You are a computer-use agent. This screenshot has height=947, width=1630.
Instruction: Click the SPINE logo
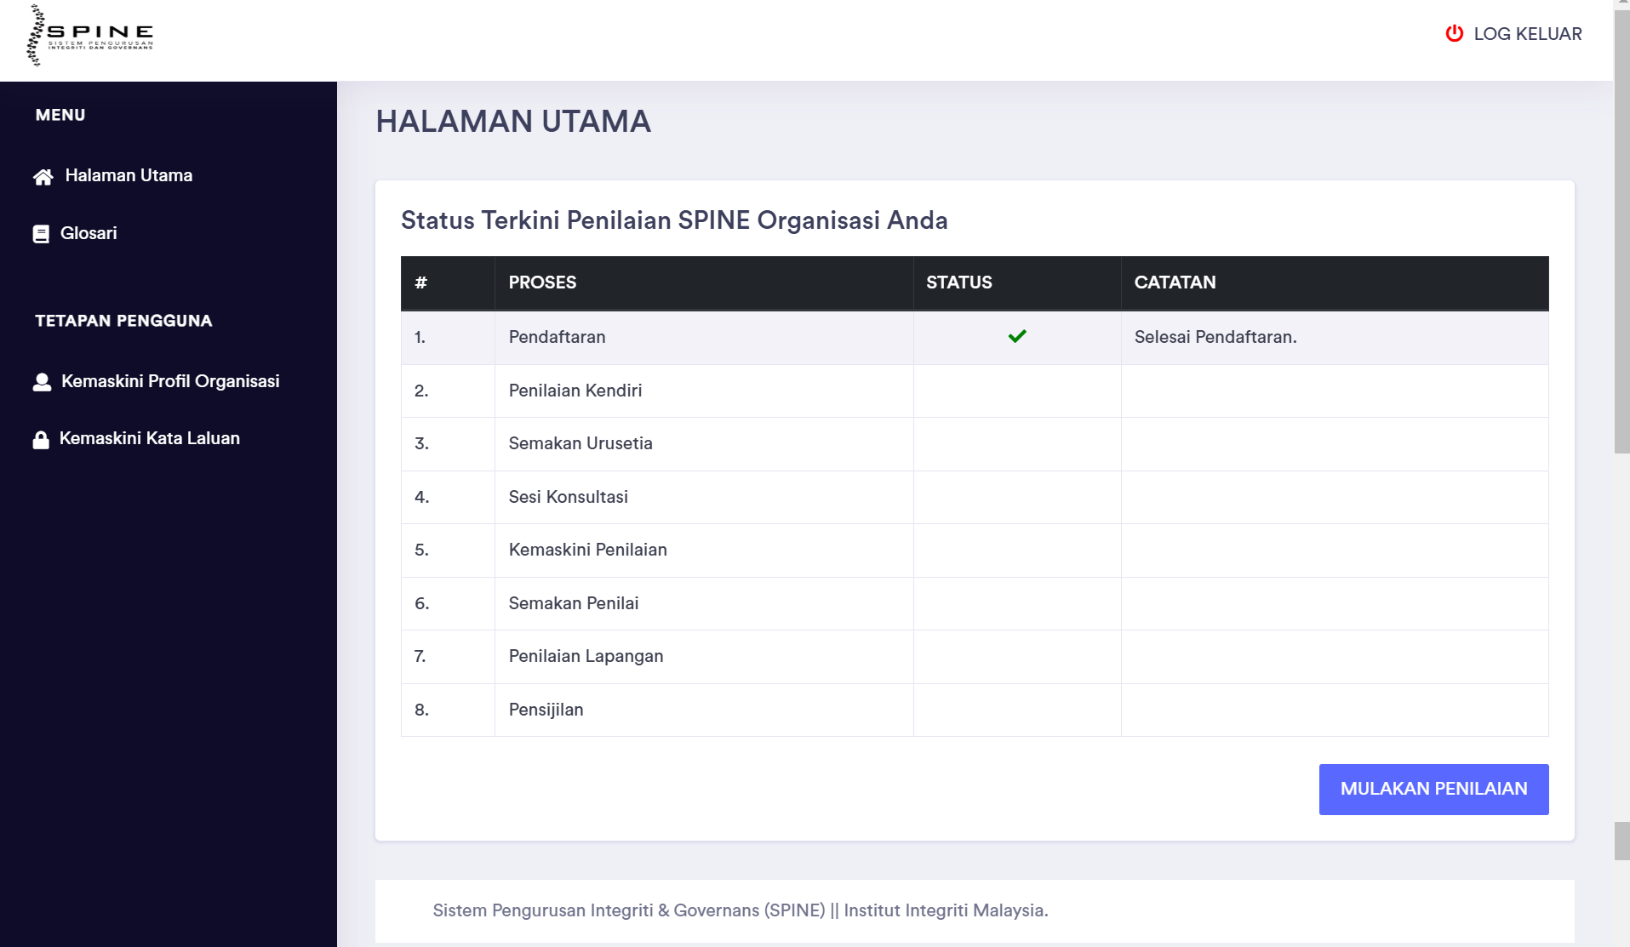89,35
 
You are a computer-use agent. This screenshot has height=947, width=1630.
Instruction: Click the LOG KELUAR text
1527,34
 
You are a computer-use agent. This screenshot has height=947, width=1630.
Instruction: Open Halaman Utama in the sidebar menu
129,175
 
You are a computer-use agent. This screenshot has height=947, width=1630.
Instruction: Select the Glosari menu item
89,233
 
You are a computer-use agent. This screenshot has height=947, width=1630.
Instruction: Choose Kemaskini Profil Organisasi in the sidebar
170,381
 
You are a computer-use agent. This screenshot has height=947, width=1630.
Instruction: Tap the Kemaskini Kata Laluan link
150,438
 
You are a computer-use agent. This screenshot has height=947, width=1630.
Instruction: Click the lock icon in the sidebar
41,439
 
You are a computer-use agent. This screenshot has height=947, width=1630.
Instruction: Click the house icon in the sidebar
43,176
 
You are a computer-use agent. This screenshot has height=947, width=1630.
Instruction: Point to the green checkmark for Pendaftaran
1017,337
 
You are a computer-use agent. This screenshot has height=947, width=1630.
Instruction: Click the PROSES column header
542,282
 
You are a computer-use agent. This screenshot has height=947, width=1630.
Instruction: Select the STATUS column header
958,282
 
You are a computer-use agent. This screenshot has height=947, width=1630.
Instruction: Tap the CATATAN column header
1175,282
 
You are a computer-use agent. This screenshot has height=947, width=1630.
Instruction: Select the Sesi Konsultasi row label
569,497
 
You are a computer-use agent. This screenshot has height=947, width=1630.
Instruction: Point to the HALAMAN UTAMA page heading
513,122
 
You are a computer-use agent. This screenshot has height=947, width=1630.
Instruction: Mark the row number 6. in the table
421,603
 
